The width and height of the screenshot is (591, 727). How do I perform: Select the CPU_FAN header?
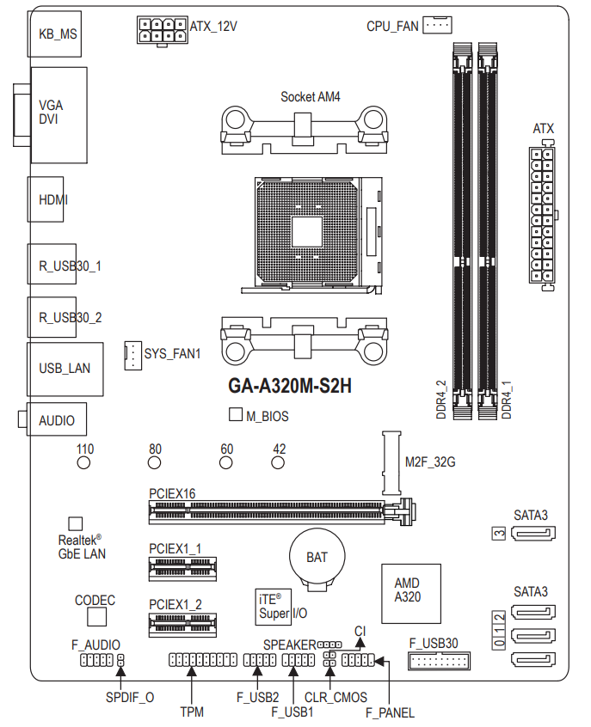[x=437, y=25]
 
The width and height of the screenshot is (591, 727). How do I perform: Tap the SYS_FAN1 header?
[x=132, y=353]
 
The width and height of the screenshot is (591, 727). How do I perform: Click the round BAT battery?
[x=317, y=557]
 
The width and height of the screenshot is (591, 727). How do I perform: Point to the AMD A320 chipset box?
[x=410, y=590]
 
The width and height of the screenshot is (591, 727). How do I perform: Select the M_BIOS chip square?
[x=236, y=415]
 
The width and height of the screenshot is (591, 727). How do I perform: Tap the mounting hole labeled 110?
[x=84, y=463]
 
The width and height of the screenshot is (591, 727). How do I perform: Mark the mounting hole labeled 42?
[x=279, y=463]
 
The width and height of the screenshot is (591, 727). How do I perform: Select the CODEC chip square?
[x=95, y=617]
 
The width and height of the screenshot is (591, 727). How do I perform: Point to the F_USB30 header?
[x=438, y=661]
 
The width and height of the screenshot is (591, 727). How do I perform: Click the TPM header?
[x=202, y=660]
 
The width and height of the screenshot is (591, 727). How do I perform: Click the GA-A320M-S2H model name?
[x=290, y=386]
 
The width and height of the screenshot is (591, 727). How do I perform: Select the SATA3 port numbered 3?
[x=533, y=534]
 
